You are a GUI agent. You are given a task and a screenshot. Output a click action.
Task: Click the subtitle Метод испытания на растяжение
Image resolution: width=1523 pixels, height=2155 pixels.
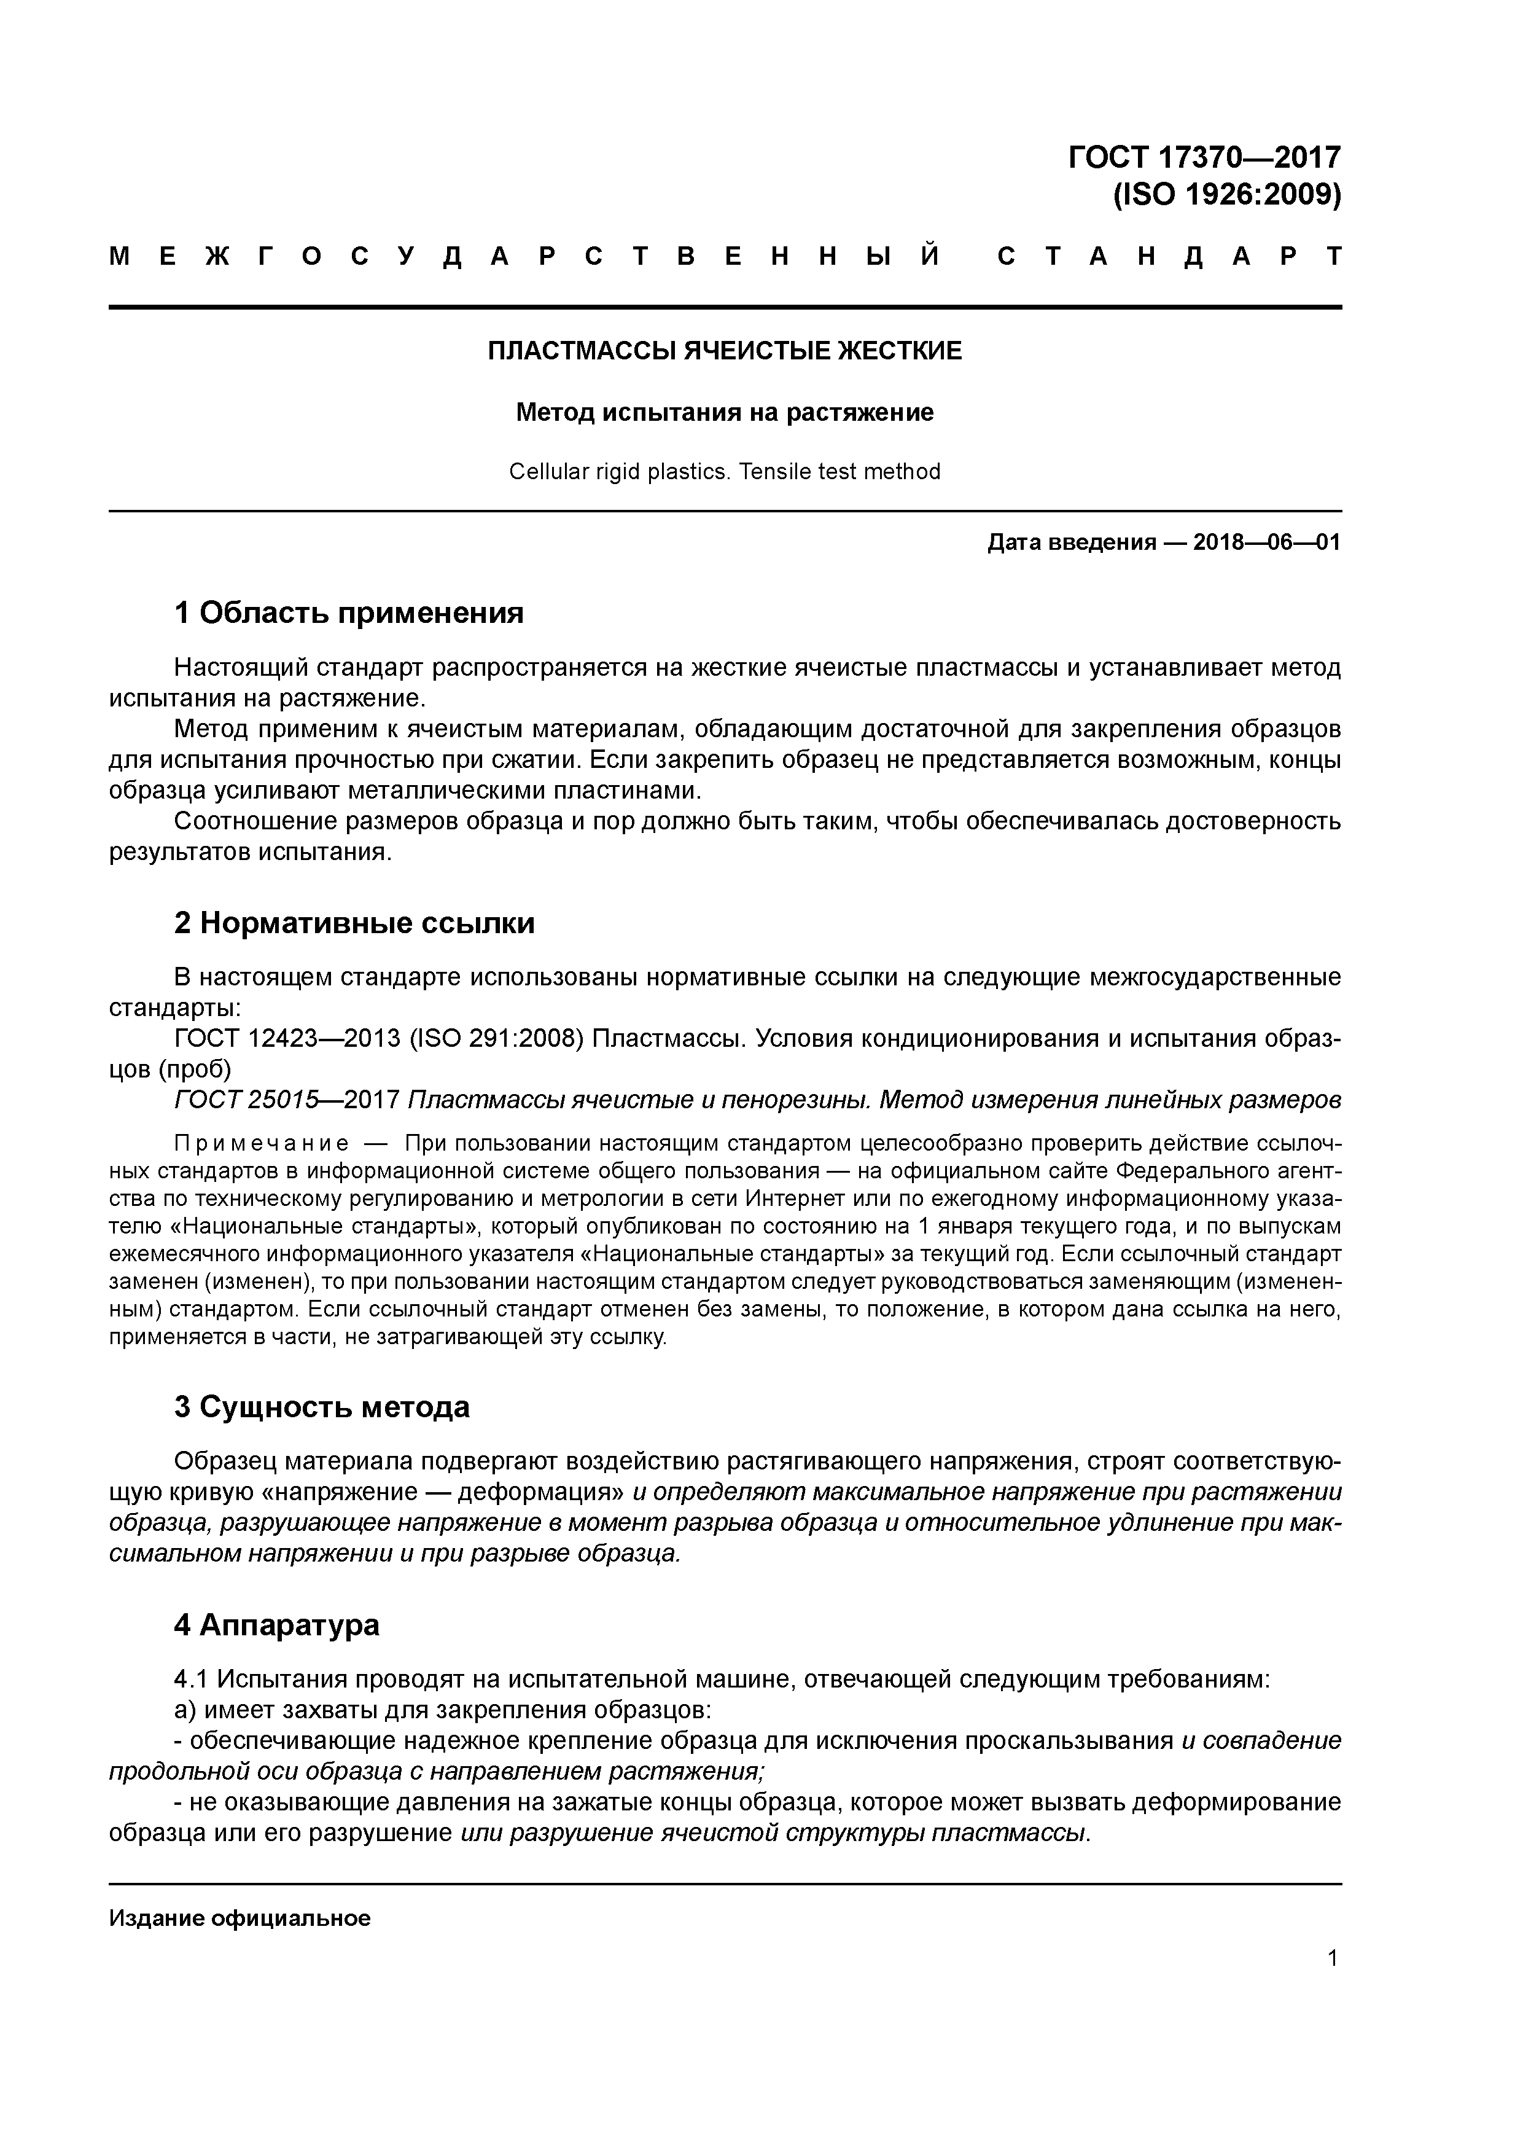725,413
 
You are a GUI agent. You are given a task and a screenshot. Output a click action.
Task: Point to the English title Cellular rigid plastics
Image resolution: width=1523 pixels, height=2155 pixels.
620,471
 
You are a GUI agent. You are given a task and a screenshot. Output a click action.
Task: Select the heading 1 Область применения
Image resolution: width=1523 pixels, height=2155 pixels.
348,613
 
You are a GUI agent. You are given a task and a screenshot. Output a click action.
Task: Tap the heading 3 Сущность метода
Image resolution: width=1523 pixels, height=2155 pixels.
321,1407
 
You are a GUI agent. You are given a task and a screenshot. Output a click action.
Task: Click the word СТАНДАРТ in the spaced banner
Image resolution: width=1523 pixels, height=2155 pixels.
1169,256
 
